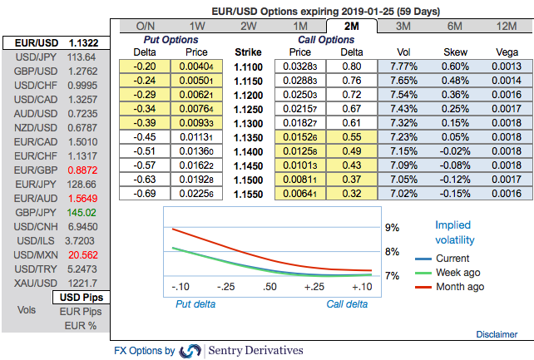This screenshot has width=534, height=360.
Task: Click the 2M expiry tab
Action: pos(353,26)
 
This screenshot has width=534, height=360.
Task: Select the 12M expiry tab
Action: pos(507,26)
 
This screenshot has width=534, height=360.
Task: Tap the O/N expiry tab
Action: pos(146,26)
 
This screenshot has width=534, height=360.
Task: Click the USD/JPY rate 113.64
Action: pos(81,57)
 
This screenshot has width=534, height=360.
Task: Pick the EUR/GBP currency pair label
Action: pos(30,169)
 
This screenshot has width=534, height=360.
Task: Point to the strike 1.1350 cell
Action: pos(248,136)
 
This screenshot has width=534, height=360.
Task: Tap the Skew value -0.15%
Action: pos(457,193)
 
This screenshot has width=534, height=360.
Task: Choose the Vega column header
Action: pos(507,52)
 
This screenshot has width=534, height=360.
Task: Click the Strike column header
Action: pos(248,52)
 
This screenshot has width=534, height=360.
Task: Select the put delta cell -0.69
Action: pos(146,193)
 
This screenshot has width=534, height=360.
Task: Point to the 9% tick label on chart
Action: pos(392,227)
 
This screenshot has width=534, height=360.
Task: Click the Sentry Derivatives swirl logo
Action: pos(190,351)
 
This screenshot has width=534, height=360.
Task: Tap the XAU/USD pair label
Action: pos(30,282)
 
